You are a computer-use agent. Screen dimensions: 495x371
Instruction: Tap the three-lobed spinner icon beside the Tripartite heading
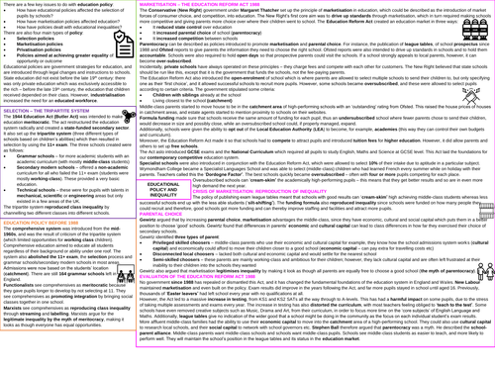tap(128, 116)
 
